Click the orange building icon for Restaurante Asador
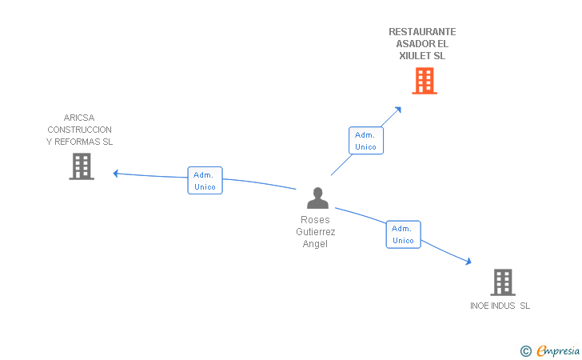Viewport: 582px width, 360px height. point(425,81)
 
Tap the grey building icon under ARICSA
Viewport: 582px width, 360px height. point(82,166)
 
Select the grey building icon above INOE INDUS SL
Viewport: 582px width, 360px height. point(502,282)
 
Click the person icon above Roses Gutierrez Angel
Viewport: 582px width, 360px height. point(318,198)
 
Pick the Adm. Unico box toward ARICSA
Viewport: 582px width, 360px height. point(205,181)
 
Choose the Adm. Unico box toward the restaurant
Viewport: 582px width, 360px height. point(365,141)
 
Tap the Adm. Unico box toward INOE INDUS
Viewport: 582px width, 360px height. point(403,234)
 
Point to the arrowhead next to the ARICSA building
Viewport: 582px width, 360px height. point(117,173)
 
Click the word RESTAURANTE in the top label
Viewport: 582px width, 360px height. point(422,32)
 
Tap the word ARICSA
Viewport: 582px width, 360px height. point(79,118)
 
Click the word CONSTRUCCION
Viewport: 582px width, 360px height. point(79,130)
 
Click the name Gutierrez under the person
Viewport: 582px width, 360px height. point(316,232)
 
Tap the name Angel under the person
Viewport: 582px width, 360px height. point(316,244)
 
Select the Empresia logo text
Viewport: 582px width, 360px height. point(558,350)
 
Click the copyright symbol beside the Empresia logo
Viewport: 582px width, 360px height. point(525,350)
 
